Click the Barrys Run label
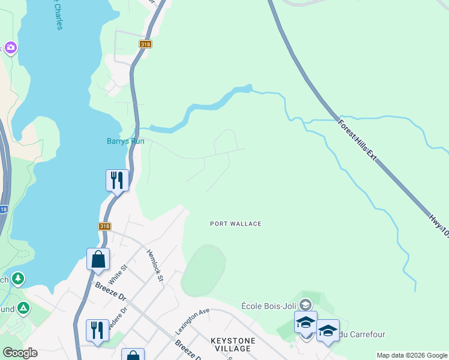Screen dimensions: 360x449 (x=126, y=142)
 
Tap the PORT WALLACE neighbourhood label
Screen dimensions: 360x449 (x=235, y=224)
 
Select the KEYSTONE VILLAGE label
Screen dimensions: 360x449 (x=233, y=344)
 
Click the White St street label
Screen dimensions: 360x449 (x=118, y=274)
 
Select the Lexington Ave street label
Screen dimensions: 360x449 (x=192, y=322)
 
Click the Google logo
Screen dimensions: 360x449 (x=20, y=353)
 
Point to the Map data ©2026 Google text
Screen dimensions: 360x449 (x=412, y=355)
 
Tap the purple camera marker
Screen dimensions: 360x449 (x=10, y=47)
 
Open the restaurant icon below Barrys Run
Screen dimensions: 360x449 (x=117, y=179)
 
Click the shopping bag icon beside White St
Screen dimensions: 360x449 (x=98, y=259)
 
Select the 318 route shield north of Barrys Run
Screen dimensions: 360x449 (x=145, y=44)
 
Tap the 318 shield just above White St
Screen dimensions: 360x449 (x=104, y=226)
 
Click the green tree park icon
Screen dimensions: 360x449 (x=18, y=278)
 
